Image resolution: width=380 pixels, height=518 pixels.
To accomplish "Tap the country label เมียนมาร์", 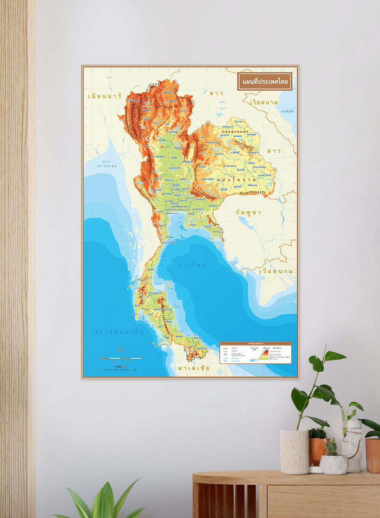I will tap(104, 95).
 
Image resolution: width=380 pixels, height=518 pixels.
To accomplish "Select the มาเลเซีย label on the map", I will tap(193, 368).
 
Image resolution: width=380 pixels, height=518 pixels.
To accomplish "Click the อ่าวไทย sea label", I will tap(192, 265).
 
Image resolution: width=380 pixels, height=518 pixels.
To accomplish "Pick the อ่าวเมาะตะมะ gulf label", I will tap(102, 164).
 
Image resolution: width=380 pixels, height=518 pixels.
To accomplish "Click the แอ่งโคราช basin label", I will tap(235, 179).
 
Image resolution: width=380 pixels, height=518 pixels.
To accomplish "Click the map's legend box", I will tap(255, 353).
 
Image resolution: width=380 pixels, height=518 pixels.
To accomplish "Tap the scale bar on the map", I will tap(120, 358).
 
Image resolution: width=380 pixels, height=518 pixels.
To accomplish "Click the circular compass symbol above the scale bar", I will tap(121, 349).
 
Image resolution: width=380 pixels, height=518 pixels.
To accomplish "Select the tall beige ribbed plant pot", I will tap(294, 452).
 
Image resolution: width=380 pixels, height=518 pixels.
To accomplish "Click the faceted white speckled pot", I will tap(333, 464).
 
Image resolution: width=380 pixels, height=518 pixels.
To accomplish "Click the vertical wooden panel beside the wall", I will tap(18, 259).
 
